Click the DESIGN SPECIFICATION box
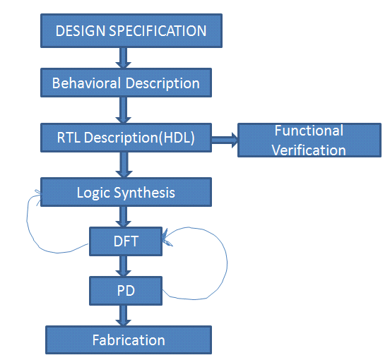(x=131, y=31)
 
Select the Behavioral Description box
(x=126, y=83)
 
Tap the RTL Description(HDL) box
(x=126, y=138)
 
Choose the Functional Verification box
(x=309, y=140)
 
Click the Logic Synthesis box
(x=126, y=192)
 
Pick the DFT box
(x=126, y=241)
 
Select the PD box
(x=126, y=289)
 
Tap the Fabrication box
(x=128, y=340)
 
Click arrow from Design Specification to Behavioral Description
(x=124, y=57)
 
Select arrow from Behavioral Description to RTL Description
(x=124, y=110)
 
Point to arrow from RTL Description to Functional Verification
(x=225, y=140)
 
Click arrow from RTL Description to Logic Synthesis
(x=124, y=164)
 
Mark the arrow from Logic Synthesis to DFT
(x=124, y=217)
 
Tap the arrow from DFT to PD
(x=124, y=265)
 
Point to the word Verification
(x=309, y=150)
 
